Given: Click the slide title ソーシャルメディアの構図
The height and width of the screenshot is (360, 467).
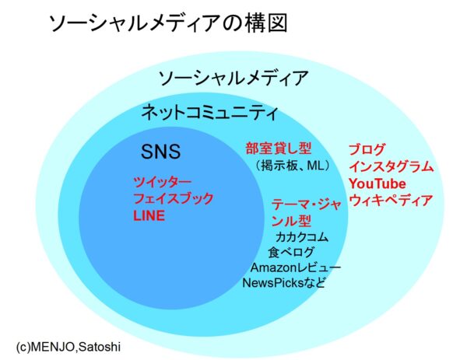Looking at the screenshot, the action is pos(168,23).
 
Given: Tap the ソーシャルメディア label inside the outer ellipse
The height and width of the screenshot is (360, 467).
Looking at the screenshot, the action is pos(233,78).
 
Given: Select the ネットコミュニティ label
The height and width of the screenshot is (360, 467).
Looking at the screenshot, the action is pos(209,113).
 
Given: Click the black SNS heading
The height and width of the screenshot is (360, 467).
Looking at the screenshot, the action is pos(160,151).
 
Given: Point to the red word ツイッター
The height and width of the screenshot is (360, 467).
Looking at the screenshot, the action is pos(163,182).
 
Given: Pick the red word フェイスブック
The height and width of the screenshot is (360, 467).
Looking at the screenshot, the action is pos(174,198).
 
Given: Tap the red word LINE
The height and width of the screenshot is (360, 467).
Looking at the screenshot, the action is pos(149,215).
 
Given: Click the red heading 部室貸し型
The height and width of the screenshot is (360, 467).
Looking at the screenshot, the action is pos(279,148).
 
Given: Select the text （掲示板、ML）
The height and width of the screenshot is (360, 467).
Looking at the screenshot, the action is pos(293,166).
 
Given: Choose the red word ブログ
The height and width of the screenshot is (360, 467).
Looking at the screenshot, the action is pos(367,149).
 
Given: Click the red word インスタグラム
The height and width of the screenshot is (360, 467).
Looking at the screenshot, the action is pos(391,166).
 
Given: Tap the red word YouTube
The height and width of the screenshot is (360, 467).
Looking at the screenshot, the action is pos(377,183).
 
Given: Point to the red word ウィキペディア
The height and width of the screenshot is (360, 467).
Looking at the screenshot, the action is pos(391,201).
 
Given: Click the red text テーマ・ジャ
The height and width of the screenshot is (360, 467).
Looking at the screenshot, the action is pos(307,204).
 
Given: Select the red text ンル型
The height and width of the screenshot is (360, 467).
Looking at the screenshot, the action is pos(291,221).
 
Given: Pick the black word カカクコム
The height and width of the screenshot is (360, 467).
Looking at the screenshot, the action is pos(302,237).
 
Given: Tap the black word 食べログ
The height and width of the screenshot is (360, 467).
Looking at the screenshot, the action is pos(291,252).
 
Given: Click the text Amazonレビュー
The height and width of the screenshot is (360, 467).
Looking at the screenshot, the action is pos(296,267).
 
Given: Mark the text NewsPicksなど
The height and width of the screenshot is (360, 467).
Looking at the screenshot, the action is pos(283,283).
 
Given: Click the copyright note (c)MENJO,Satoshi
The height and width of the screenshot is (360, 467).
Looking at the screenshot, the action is pos(68,347).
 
